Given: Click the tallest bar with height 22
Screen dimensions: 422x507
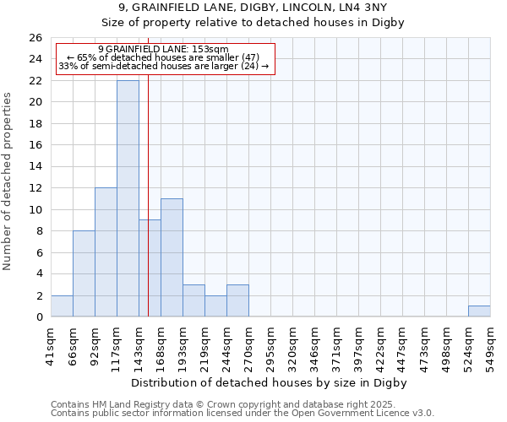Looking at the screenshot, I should tap(128, 198).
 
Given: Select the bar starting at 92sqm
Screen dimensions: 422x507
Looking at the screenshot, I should tap(106, 252).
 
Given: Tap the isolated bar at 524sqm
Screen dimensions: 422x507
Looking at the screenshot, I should tap(479, 311).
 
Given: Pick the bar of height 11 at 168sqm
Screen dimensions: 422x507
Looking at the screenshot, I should tap(172, 257).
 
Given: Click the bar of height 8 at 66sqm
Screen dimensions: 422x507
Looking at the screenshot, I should tap(84, 273).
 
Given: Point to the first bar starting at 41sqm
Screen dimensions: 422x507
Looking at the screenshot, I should tap(62, 306).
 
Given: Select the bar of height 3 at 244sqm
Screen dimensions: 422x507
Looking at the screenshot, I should tap(237, 300).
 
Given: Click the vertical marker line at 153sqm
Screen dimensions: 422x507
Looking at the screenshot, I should tap(149, 211).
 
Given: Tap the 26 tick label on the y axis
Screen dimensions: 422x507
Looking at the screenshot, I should tap(35, 38).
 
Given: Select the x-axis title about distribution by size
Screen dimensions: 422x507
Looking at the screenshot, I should tap(270, 382).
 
